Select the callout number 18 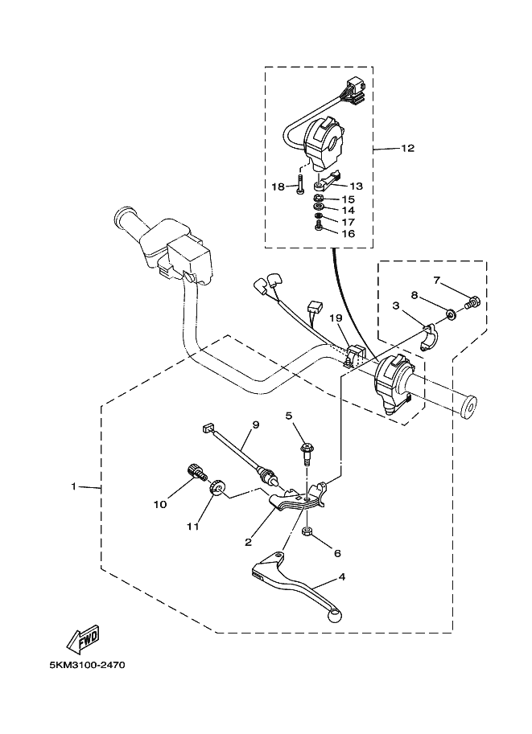(x=278, y=187)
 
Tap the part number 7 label (x=437, y=281)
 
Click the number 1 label (x=73, y=487)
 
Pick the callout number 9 (x=255, y=425)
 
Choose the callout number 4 (x=342, y=576)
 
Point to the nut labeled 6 (x=307, y=533)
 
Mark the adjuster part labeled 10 (x=193, y=474)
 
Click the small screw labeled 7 (x=472, y=304)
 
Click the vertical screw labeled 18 (x=299, y=184)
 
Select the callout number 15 (x=347, y=198)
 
